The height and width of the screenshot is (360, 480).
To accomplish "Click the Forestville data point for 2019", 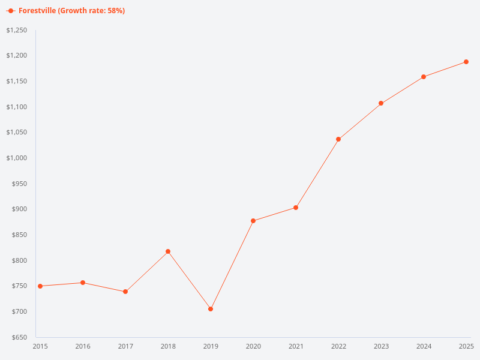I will tap(211, 309).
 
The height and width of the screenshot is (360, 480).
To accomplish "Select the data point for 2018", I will tap(168, 251).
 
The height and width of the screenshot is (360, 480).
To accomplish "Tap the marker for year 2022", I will tap(338, 139).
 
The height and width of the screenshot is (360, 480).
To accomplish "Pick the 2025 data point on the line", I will tap(466, 62).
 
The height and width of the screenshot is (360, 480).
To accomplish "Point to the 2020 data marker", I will tap(253, 221).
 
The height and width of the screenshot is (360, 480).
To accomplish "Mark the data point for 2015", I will tap(40, 286).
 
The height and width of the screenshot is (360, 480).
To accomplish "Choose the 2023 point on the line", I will tap(381, 103).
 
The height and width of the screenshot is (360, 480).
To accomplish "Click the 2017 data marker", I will tap(125, 292).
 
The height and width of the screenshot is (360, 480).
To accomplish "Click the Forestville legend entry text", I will tap(71, 11).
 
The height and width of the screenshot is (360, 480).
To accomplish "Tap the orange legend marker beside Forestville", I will tap(11, 11).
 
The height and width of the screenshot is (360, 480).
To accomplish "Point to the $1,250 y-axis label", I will tap(16, 30).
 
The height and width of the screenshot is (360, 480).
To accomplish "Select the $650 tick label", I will tap(19, 337).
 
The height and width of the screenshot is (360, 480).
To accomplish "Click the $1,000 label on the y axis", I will tap(16, 158).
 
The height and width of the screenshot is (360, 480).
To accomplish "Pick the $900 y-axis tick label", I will tap(19, 209).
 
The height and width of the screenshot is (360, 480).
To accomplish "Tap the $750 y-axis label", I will tap(19, 286).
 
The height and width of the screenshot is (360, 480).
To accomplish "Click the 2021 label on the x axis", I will tap(296, 346).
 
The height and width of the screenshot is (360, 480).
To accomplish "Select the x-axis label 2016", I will tap(83, 346).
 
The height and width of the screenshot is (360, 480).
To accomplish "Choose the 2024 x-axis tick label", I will tap(424, 346).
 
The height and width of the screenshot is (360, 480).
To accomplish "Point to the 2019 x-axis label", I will tap(211, 346).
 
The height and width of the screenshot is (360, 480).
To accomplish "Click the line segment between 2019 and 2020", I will tap(232, 265).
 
